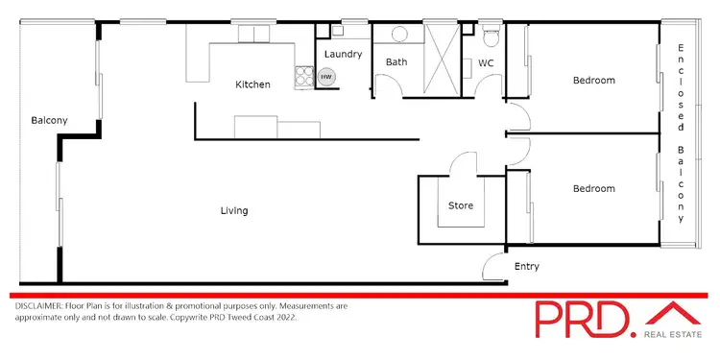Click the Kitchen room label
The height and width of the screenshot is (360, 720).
252,84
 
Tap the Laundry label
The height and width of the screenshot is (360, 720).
343,55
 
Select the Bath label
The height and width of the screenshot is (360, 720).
396,62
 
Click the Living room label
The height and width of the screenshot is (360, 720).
233,210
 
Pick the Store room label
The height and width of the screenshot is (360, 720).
461,205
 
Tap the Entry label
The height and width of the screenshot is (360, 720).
527,267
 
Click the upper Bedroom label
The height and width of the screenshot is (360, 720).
593,81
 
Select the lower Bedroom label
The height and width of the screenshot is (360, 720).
593,189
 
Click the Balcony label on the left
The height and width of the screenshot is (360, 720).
48,120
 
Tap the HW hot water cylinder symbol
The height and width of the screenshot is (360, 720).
327,77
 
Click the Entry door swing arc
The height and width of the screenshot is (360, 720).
495,265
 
